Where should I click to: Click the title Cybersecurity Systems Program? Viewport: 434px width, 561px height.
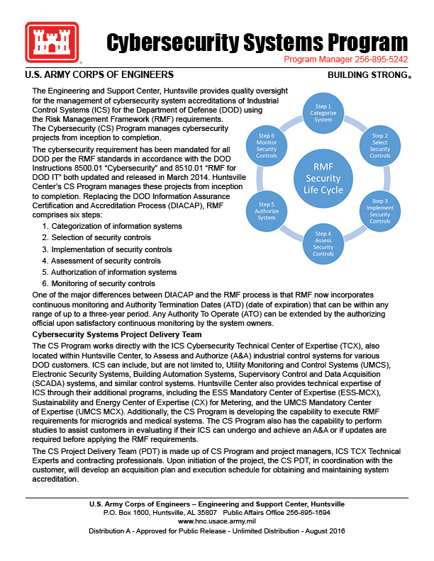point(257,42)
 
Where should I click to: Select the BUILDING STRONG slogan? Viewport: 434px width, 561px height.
point(368,75)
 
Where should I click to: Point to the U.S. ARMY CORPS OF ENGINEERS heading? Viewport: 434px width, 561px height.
point(99,74)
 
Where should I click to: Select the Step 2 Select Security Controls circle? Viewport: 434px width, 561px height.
point(379,144)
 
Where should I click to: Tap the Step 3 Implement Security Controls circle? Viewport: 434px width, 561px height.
point(379,211)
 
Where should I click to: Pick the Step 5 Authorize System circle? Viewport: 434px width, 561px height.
point(267,211)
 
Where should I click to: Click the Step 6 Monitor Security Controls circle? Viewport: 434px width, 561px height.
point(267,144)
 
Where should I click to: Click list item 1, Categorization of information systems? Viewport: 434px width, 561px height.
point(111,226)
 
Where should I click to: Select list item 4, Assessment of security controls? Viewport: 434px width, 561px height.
point(101,261)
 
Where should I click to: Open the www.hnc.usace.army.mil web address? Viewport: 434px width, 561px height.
point(216,520)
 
